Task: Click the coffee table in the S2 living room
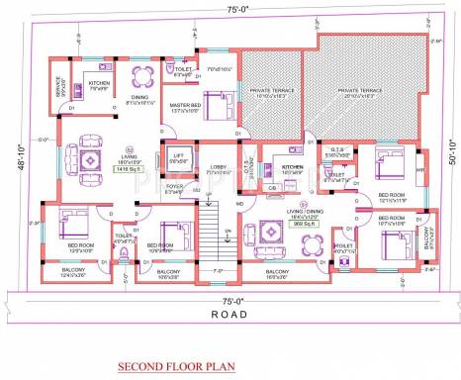coord(89,158)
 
